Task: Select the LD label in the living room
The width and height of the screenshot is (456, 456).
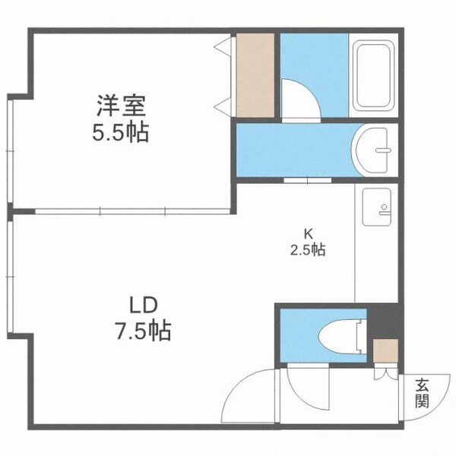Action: click(x=141, y=306)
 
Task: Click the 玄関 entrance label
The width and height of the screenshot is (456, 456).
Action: click(x=422, y=394)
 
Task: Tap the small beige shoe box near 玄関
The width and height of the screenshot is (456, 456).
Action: click(x=385, y=351)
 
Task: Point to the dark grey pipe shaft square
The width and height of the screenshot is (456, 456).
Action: click(x=382, y=320)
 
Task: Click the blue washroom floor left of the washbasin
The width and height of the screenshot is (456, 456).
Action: click(x=293, y=150)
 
